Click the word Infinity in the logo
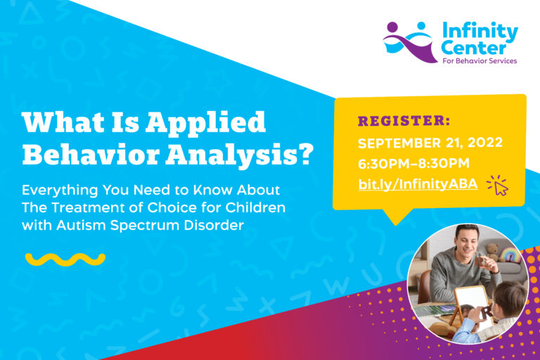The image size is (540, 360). (x=480, y=32)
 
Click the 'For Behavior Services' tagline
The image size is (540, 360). (x=480, y=61)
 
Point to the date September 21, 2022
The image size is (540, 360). (x=430, y=143)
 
